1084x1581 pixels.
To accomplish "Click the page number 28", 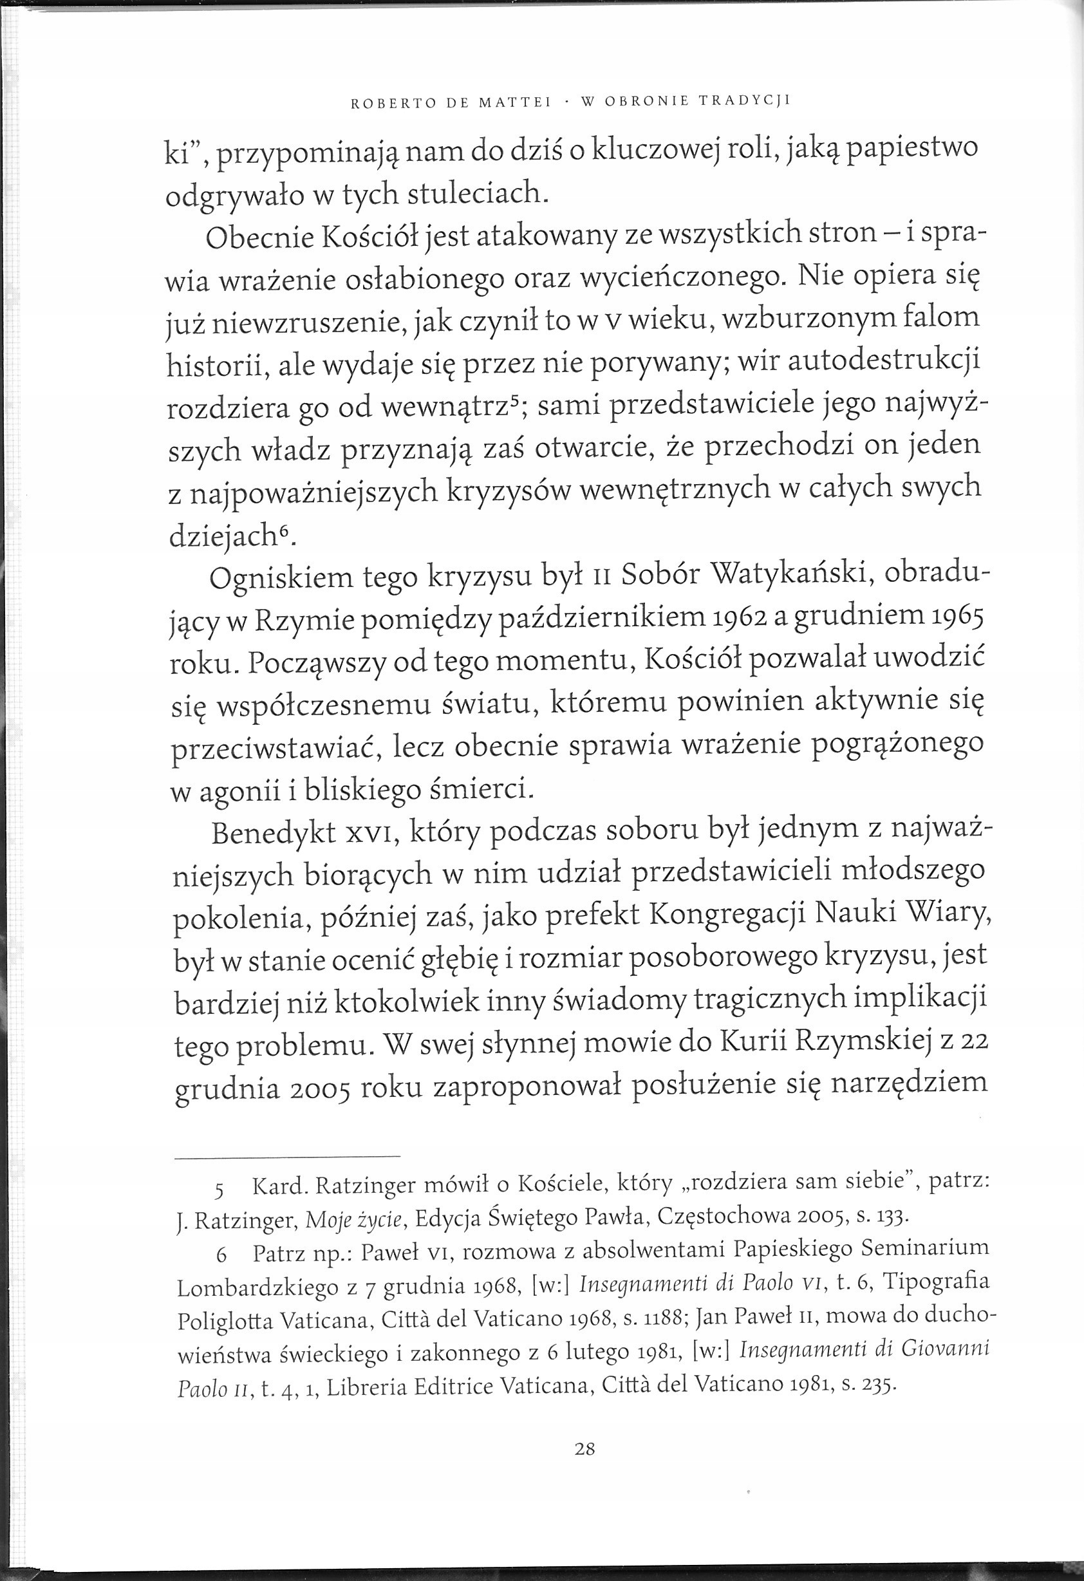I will pos(584,1450).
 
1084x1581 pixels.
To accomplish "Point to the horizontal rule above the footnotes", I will pos(287,1157).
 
